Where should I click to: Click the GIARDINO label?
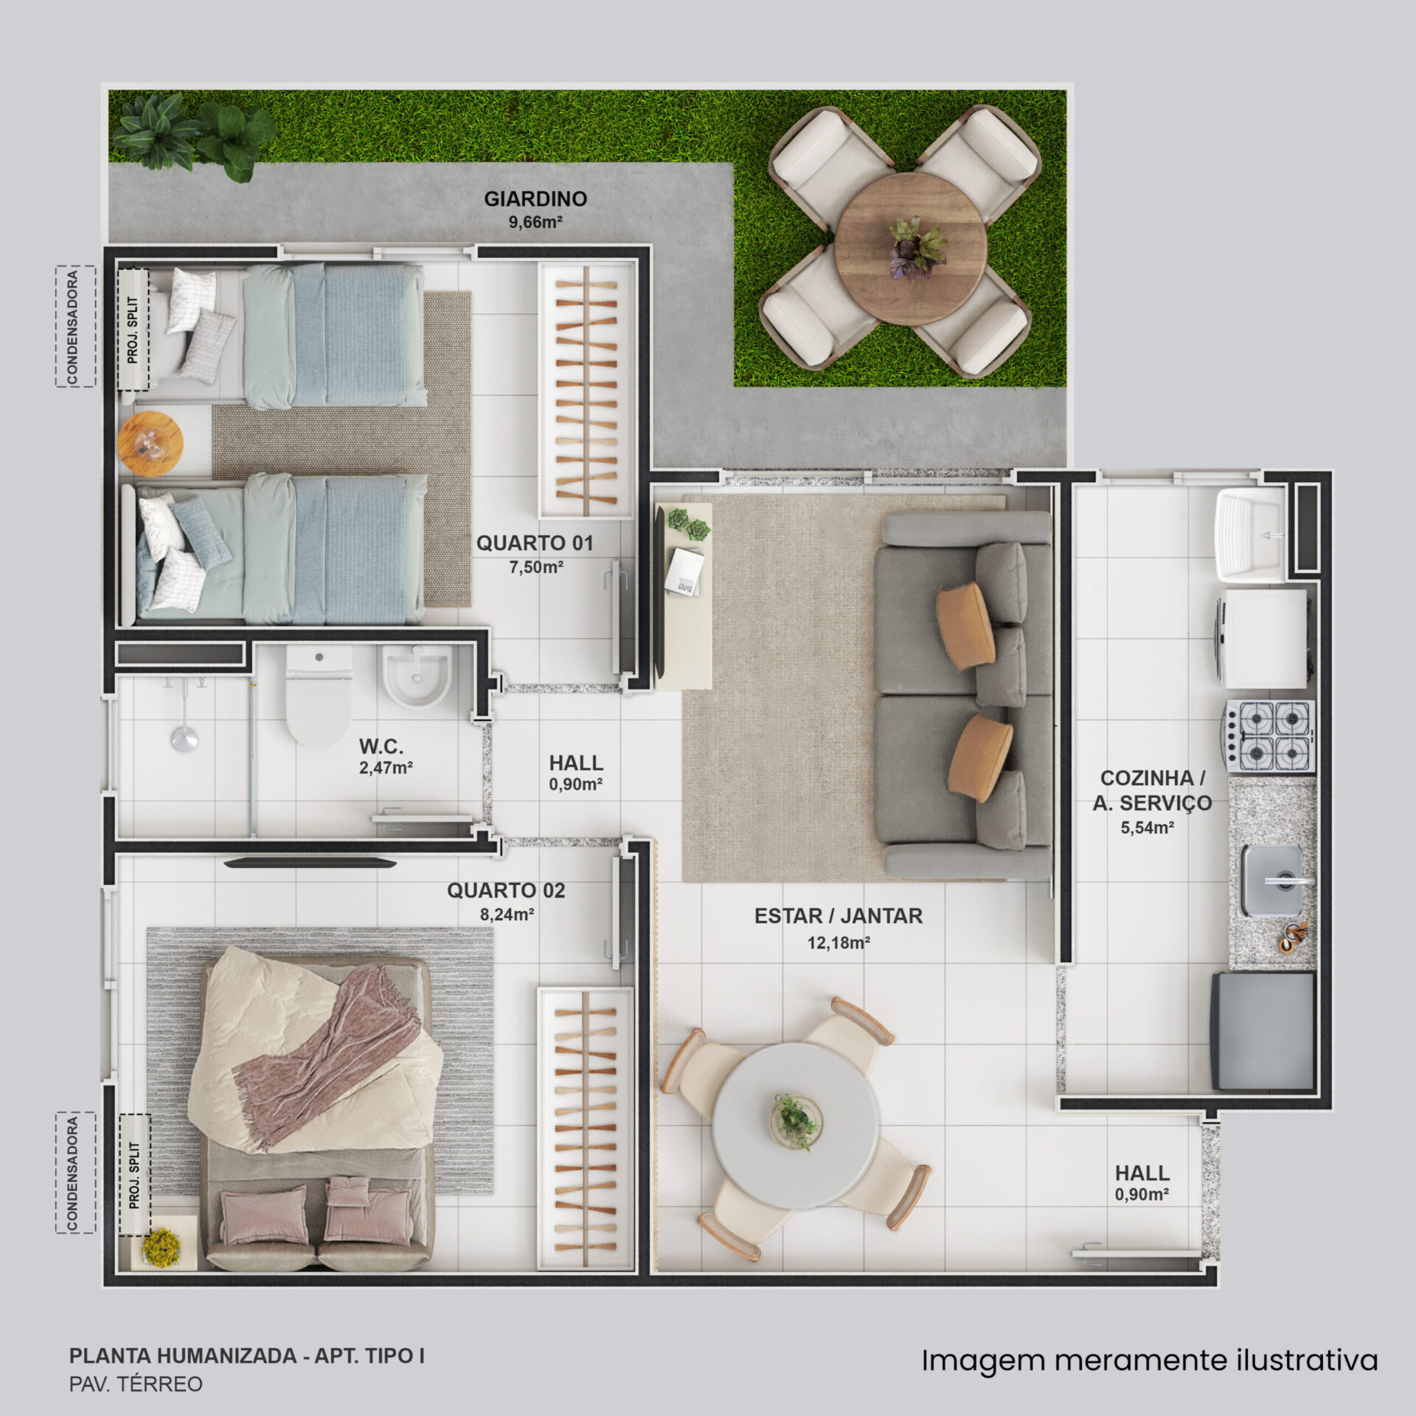click(x=535, y=198)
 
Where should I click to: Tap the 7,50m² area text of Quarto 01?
click(x=536, y=567)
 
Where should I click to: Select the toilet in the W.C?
click(x=319, y=696)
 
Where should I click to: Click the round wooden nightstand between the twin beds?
click(x=150, y=443)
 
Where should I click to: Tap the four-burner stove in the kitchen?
click(x=1270, y=736)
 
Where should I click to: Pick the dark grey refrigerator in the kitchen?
click(x=1263, y=1031)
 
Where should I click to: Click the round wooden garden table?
click(x=911, y=249)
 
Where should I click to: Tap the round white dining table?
click(x=795, y=1125)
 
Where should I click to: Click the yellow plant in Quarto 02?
click(x=161, y=1246)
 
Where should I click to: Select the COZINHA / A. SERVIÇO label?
click(x=1152, y=791)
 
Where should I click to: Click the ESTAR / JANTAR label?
click(x=838, y=916)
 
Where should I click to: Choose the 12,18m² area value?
click(x=839, y=943)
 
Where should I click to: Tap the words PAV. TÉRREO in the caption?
click(x=136, y=1384)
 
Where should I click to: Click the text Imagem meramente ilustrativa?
click(x=1150, y=1361)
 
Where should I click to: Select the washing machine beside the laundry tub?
click(x=1263, y=639)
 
